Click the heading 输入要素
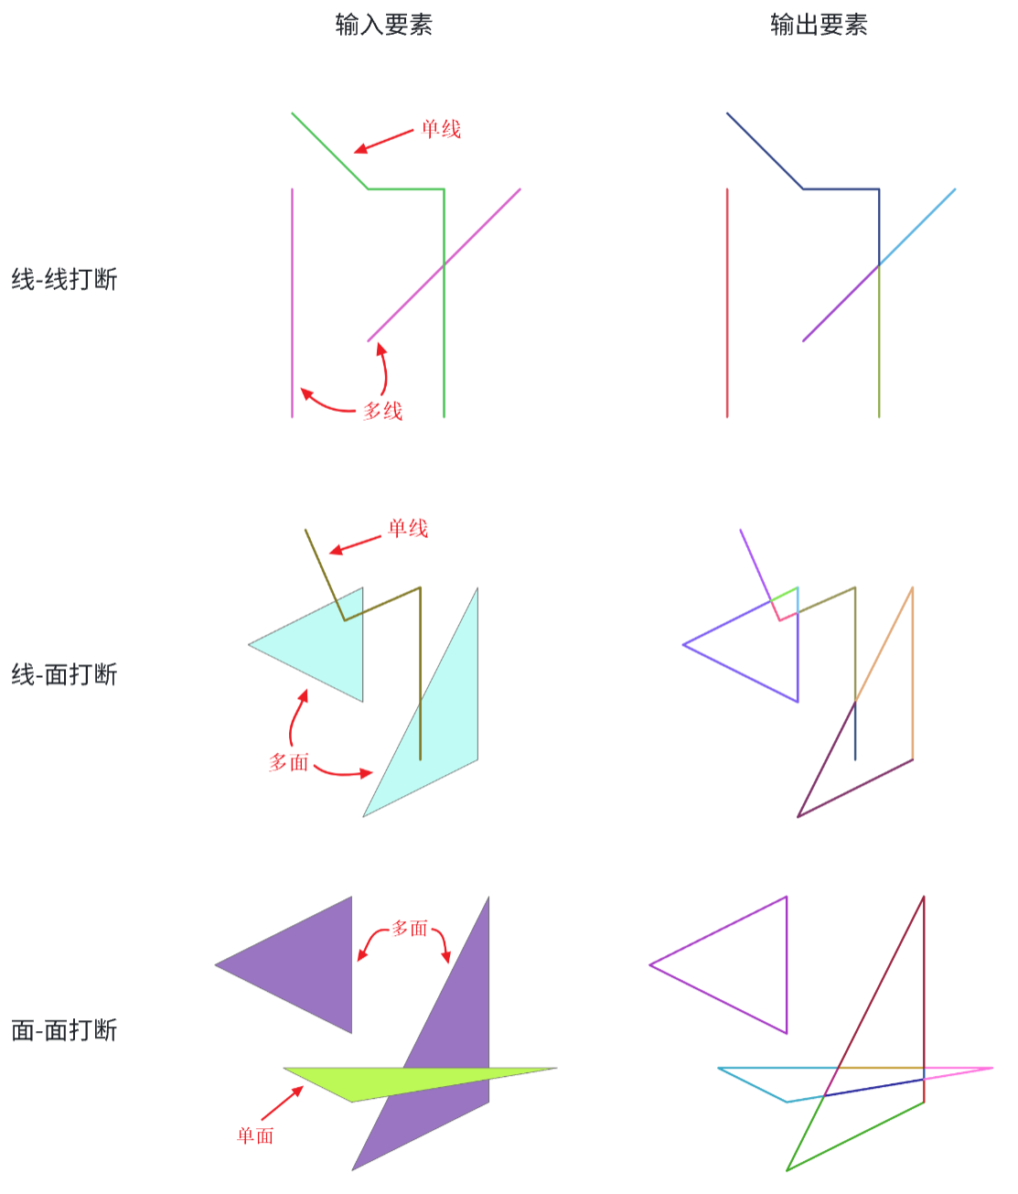pos(384,26)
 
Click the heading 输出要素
pos(819,26)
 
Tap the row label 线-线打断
pos(65,280)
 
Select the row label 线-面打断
pos(65,674)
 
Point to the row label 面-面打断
pos(65,1030)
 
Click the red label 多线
pos(383,412)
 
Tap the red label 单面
pos(255,1135)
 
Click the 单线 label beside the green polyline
pos(441,129)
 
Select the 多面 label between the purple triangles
pos(410,929)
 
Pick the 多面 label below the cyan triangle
pos(289,762)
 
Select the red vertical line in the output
pos(727,303)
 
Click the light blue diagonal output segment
pos(917,227)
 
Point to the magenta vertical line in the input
pos(292,303)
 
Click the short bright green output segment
pos(784,594)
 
